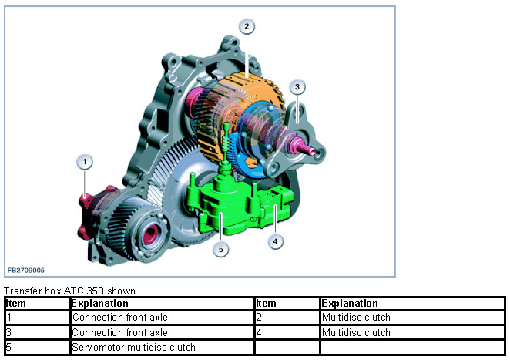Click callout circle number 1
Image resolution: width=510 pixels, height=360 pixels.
(x=86, y=162)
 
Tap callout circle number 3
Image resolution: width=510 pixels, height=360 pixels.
(x=297, y=87)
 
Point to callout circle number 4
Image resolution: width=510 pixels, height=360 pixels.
(x=275, y=241)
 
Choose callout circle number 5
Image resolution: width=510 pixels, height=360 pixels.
(x=221, y=249)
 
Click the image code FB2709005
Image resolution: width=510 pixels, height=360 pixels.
(x=26, y=271)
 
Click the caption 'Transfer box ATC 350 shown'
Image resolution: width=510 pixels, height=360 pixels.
(x=70, y=291)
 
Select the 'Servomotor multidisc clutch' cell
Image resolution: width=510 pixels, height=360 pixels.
(x=134, y=348)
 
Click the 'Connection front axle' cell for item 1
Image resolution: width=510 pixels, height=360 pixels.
(x=119, y=318)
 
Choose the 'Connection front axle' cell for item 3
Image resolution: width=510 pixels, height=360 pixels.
(x=119, y=333)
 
